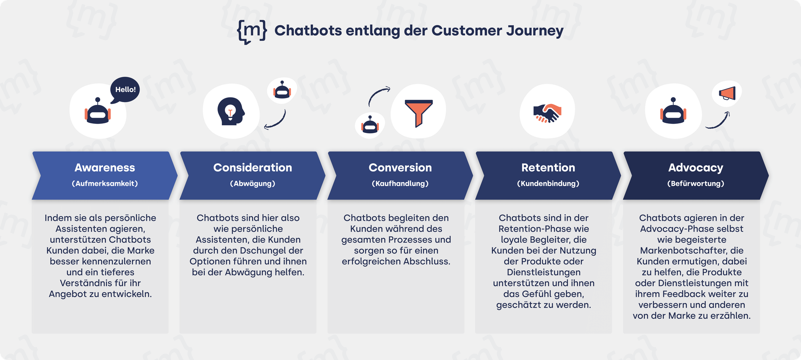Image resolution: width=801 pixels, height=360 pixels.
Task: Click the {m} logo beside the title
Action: point(252,31)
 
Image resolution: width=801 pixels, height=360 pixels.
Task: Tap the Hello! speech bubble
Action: point(125,90)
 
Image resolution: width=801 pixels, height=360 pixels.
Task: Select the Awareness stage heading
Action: point(105,167)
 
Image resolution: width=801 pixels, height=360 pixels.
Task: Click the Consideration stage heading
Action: point(253,167)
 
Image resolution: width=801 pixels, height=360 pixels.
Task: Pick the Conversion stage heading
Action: point(400,167)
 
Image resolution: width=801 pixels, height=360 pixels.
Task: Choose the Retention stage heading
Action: point(548,167)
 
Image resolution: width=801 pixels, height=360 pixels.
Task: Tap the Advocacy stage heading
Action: point(696,168)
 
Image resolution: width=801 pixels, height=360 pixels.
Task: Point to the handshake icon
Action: point(547,113)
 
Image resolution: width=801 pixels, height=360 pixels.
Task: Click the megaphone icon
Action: point(727,94)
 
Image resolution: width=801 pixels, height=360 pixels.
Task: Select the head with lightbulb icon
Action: point(231,111)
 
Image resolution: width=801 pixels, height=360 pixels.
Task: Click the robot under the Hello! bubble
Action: point(98,111)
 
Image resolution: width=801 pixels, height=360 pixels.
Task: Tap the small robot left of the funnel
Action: point(370,125)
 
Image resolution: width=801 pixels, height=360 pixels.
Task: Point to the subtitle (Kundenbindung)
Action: point(548,183)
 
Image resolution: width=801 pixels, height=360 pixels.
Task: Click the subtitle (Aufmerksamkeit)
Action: point(105,183)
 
